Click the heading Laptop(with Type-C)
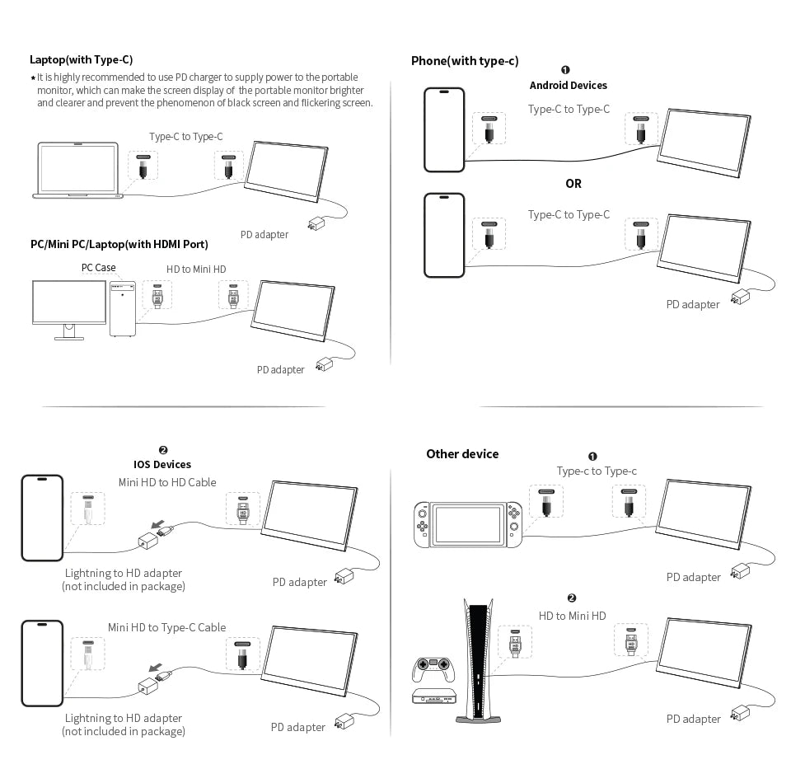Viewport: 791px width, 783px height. click(x=81, y=59)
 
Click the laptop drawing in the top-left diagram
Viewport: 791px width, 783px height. click(x=78, y=171)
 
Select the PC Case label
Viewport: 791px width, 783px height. click(x=98, y=268)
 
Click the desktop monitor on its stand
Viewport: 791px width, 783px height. click(x=68, y=307)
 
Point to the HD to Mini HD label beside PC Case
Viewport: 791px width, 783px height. click(x=196, y=270)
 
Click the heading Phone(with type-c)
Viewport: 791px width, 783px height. click(x=465, y=61)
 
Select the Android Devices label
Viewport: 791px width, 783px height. click(x=568, y=85)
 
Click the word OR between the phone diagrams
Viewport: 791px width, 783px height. click(x=573, y=184)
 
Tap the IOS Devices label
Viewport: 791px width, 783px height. click(x=162, y=464)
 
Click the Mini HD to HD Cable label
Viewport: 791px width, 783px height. click(x=167, y=482)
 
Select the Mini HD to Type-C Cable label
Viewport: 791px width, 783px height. click(x=166, y=627)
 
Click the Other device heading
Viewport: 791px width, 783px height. click(x=462, y=454)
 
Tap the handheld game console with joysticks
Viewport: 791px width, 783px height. click(x=467, y=524)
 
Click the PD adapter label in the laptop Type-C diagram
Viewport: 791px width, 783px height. click(x=264, y=235)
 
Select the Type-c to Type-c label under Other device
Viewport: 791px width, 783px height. click(x=597, y=471)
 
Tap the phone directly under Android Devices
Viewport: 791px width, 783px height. click(x=444, y=129)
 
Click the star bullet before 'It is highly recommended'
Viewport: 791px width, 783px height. click(x=33, y=78)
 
